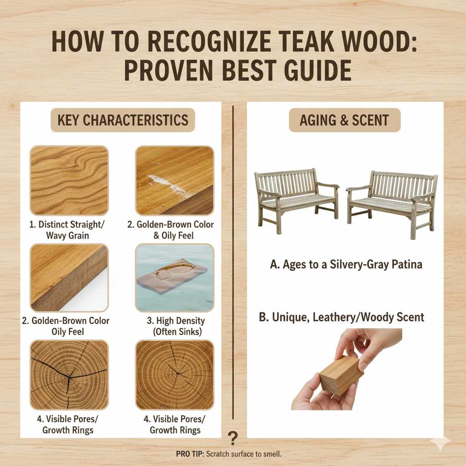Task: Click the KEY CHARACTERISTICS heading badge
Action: (x=122, y=120)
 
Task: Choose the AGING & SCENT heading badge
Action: (x=344, y=120)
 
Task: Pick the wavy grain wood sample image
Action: (x=69, y=180)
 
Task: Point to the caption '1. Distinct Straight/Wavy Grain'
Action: (x=69, y=230)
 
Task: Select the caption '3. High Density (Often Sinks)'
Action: (x=174, y=326)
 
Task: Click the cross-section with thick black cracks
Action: (x=69, y=375)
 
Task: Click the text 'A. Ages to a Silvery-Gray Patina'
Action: (x=346, y=264)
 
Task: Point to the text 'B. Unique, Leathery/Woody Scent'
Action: (x=341, y=317)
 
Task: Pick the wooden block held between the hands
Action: (x=340, y=375)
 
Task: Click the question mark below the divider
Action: (x=233, y=438)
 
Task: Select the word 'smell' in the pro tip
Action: (x=272, y=454)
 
